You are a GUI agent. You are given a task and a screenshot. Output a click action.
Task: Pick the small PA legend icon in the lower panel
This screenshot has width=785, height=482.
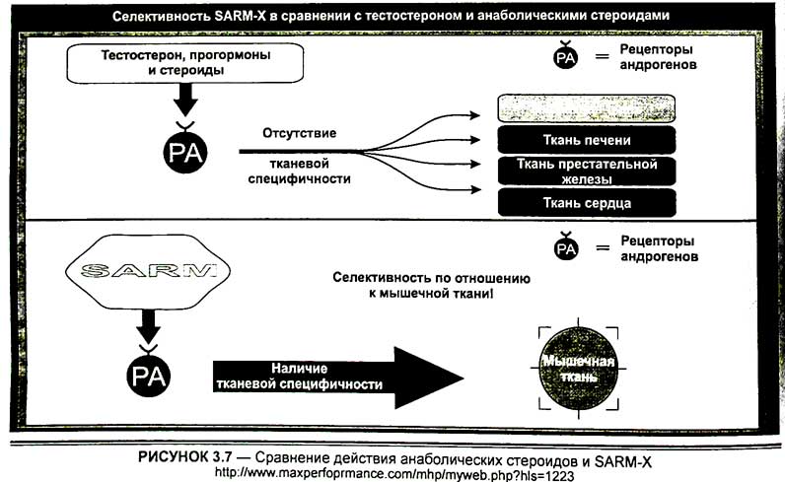564,248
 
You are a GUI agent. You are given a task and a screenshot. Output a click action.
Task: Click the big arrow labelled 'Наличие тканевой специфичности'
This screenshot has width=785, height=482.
335,376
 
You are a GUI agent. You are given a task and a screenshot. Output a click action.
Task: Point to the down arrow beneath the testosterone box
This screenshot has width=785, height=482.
184,100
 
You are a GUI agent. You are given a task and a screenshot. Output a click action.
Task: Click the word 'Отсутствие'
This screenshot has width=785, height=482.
300,133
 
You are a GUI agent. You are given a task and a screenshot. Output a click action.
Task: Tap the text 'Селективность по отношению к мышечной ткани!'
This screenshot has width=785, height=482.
431,287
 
